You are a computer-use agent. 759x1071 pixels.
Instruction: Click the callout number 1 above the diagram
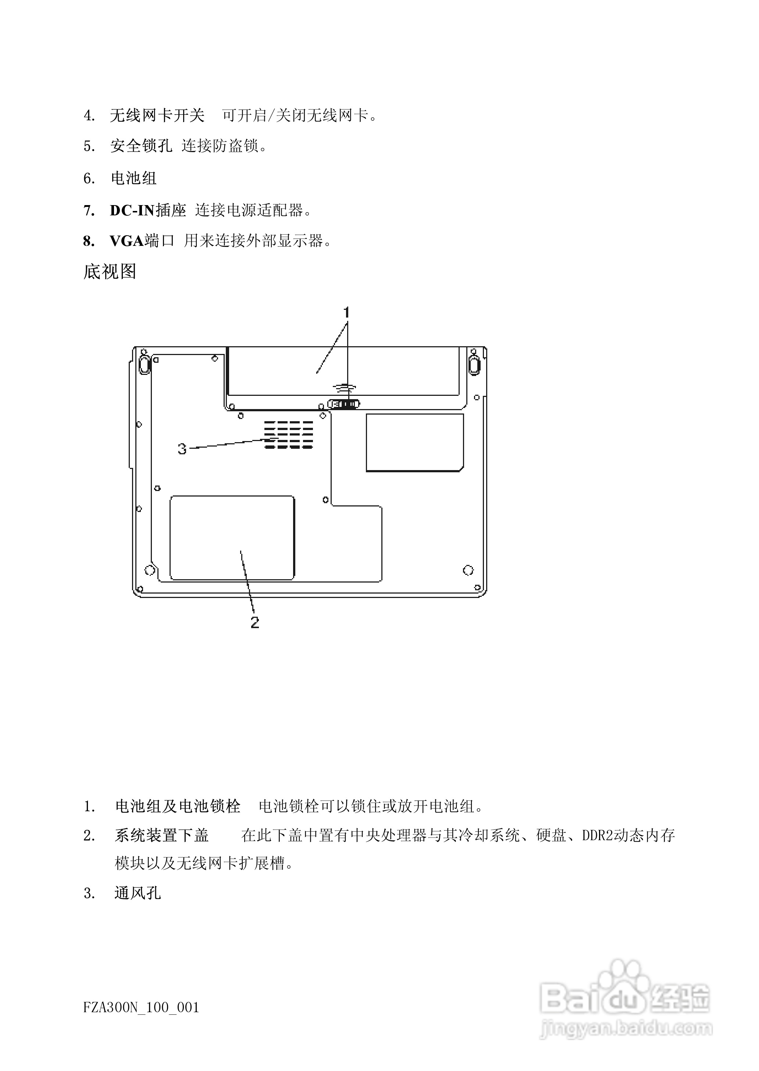point(346,312)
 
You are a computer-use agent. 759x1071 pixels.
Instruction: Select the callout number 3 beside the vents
point(182,449)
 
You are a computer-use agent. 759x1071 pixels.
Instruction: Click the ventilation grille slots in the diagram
point(288,434)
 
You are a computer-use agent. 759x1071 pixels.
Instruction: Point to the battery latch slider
point(344,404)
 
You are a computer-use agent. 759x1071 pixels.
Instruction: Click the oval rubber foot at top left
point(145,364)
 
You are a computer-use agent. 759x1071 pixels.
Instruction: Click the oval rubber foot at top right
point(474,364)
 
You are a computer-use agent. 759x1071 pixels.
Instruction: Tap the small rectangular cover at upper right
point(414,442)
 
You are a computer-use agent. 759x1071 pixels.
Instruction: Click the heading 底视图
point(110,271)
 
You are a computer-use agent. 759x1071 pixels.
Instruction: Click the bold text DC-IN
point(132,211)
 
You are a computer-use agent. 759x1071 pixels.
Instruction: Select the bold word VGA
point(126,241)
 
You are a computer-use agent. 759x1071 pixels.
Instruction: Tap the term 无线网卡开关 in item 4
point(157,115)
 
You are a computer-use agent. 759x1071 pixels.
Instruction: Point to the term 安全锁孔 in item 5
point(141,146)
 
